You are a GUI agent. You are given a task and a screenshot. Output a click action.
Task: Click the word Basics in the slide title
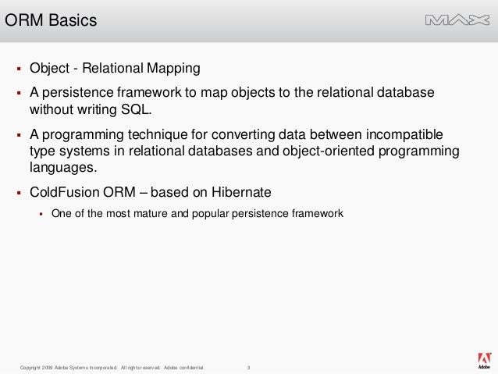[73, 20]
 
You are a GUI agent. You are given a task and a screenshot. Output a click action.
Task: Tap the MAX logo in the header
[457, 20]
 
